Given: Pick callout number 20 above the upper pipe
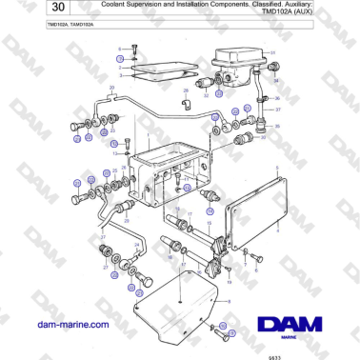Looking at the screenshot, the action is click(111, 88).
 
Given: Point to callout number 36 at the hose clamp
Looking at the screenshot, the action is click(277, 98).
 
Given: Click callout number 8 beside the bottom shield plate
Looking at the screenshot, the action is click(228, 303).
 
